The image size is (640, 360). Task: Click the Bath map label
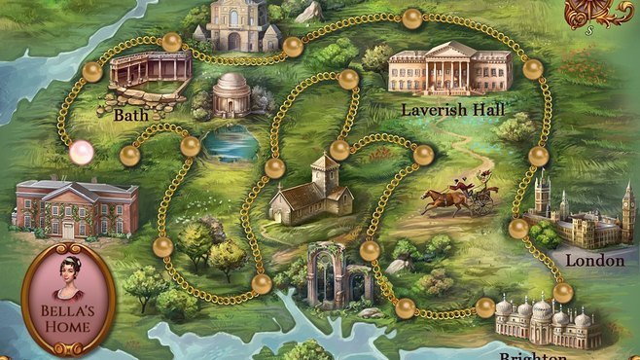(130, 115)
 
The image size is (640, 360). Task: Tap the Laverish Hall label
(452, 110)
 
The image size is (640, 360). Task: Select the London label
(594, 261)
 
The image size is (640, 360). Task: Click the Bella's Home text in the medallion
(68, 318)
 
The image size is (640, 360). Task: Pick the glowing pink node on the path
(82, 151)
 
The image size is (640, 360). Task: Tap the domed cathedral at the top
(238, 25)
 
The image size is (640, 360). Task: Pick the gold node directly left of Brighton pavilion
(485, 307)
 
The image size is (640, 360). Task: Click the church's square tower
(326, 174)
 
